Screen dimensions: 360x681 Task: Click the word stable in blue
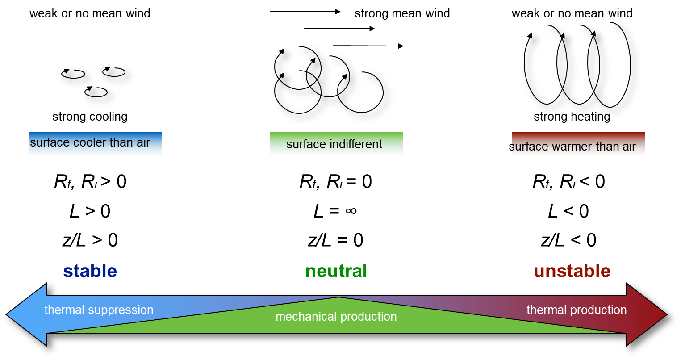tap(90, 271)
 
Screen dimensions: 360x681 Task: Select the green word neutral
tap(336, 271)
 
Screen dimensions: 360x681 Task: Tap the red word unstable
tap(572, 271)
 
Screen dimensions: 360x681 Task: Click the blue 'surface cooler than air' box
tap(95, 143)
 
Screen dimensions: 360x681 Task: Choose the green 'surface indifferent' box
tap(336, 144)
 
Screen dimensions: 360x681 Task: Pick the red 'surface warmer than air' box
tap(578, 144)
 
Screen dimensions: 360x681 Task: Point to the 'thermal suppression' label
tap(99, 310)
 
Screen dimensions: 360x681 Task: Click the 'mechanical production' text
tap(336, 317)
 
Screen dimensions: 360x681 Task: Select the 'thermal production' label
tap(577, 310)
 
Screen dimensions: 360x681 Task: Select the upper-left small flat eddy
tap(77, 77)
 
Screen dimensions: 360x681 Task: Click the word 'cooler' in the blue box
tap(89, 142)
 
